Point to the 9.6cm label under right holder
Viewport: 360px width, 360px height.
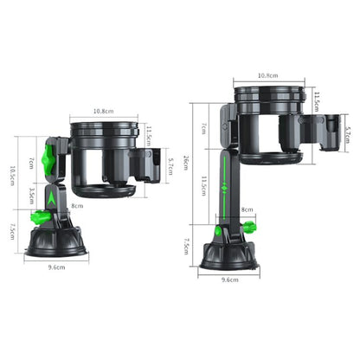(231, 280)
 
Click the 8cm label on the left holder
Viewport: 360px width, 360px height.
(77, 206)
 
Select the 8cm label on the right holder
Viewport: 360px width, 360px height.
(247, 209)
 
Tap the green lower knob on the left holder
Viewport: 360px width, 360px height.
(41, 218)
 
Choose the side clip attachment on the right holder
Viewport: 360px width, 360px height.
(328, 134)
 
